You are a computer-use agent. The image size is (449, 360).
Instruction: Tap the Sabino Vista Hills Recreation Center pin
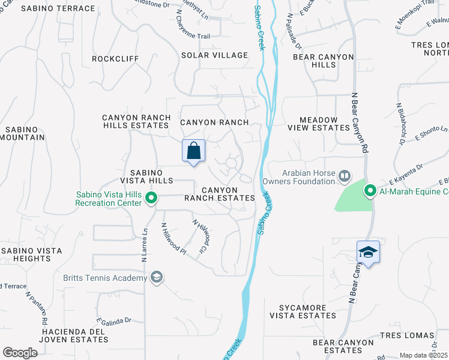click(151, 197)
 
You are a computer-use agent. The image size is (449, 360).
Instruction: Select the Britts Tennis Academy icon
click(157, 277)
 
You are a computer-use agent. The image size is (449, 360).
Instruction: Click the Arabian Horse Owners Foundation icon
click(345, 176)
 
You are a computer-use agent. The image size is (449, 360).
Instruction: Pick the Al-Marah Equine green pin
click(370, 191)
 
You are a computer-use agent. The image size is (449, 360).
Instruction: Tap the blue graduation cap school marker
click(368, 253)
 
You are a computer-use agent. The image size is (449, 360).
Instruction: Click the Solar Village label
click(215, 55)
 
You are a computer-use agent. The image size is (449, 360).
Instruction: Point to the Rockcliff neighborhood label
click(115, 59)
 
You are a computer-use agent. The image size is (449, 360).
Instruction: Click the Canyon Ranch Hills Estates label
click(135, 122)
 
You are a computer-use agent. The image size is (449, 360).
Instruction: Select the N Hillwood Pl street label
click(174, 238)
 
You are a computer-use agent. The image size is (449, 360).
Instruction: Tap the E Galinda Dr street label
click(113, 321)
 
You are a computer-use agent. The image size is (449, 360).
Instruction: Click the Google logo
click(20, 353)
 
